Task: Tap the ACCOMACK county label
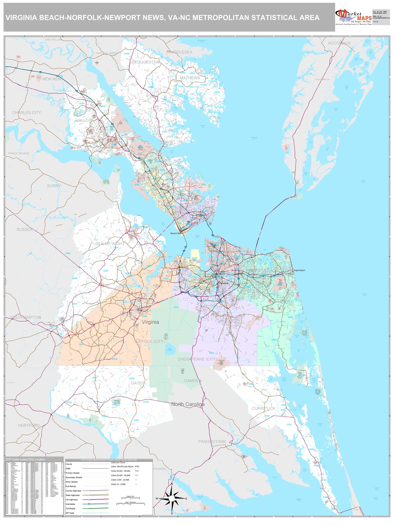[x=339, y=43]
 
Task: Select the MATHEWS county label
[x=190, y=78]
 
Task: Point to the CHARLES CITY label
[x=27, y=113]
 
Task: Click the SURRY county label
[x=54, y=186]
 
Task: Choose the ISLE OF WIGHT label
[x=110, y=244]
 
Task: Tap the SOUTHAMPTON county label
[x=26, y=317]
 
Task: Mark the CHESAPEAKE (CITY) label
[x=197, y=359]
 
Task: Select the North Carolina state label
[x=188, y=404]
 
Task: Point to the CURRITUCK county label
[x=264, y=408]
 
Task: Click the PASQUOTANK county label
[x=212, y=441]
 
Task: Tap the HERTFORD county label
[x=29, y=425]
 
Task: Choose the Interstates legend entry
[x=71, y=504]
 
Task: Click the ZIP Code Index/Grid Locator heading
[x=26, y=459]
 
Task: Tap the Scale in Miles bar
[x=130, y=498]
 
